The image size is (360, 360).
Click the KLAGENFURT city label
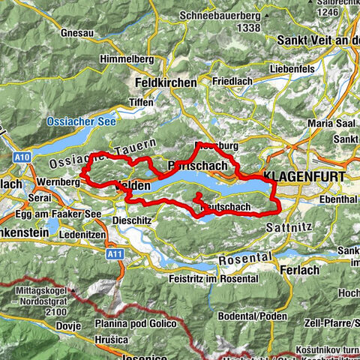pos(304,175)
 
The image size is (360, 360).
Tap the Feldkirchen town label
pos(165,82)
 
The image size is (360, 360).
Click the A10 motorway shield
pos(21,157)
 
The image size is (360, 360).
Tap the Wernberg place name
pos(56,181)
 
